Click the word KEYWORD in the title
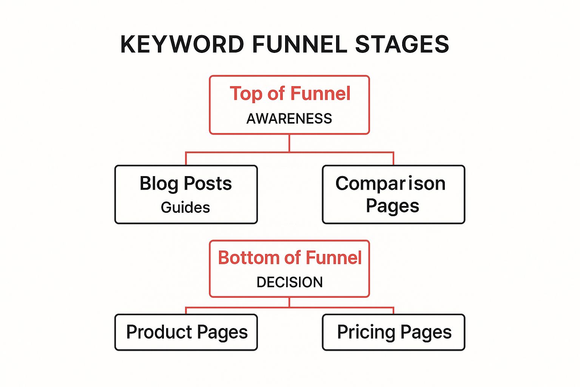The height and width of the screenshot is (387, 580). tap(182, 44)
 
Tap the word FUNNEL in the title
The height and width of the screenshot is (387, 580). tap(300, 44)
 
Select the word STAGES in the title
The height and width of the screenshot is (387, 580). tap(402, 44)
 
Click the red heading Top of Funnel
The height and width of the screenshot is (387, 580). tap(290, 94)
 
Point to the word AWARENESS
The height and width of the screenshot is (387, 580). tap(289, 119)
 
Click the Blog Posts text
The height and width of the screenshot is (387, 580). tap(186, 184)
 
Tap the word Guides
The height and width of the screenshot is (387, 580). tap(185, 207)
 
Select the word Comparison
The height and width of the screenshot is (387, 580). tap(390, 184)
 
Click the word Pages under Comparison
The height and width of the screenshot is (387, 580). tap(393, 206)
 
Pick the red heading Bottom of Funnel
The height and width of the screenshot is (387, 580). tap(290, 258)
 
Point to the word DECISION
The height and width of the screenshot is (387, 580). tap(290, 282)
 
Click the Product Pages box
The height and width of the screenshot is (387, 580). tap(186, 332)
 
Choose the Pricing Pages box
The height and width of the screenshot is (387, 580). tap(393, 332)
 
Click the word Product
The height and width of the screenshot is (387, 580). tap(159, 332)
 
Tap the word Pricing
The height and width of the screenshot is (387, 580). tap(366, 333)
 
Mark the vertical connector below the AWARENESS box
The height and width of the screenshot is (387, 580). tap(289, 143)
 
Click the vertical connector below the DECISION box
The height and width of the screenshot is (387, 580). tap(289, 302)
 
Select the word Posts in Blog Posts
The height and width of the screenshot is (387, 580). tap(208, 184)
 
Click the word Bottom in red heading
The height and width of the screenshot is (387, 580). tap(249, 258)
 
